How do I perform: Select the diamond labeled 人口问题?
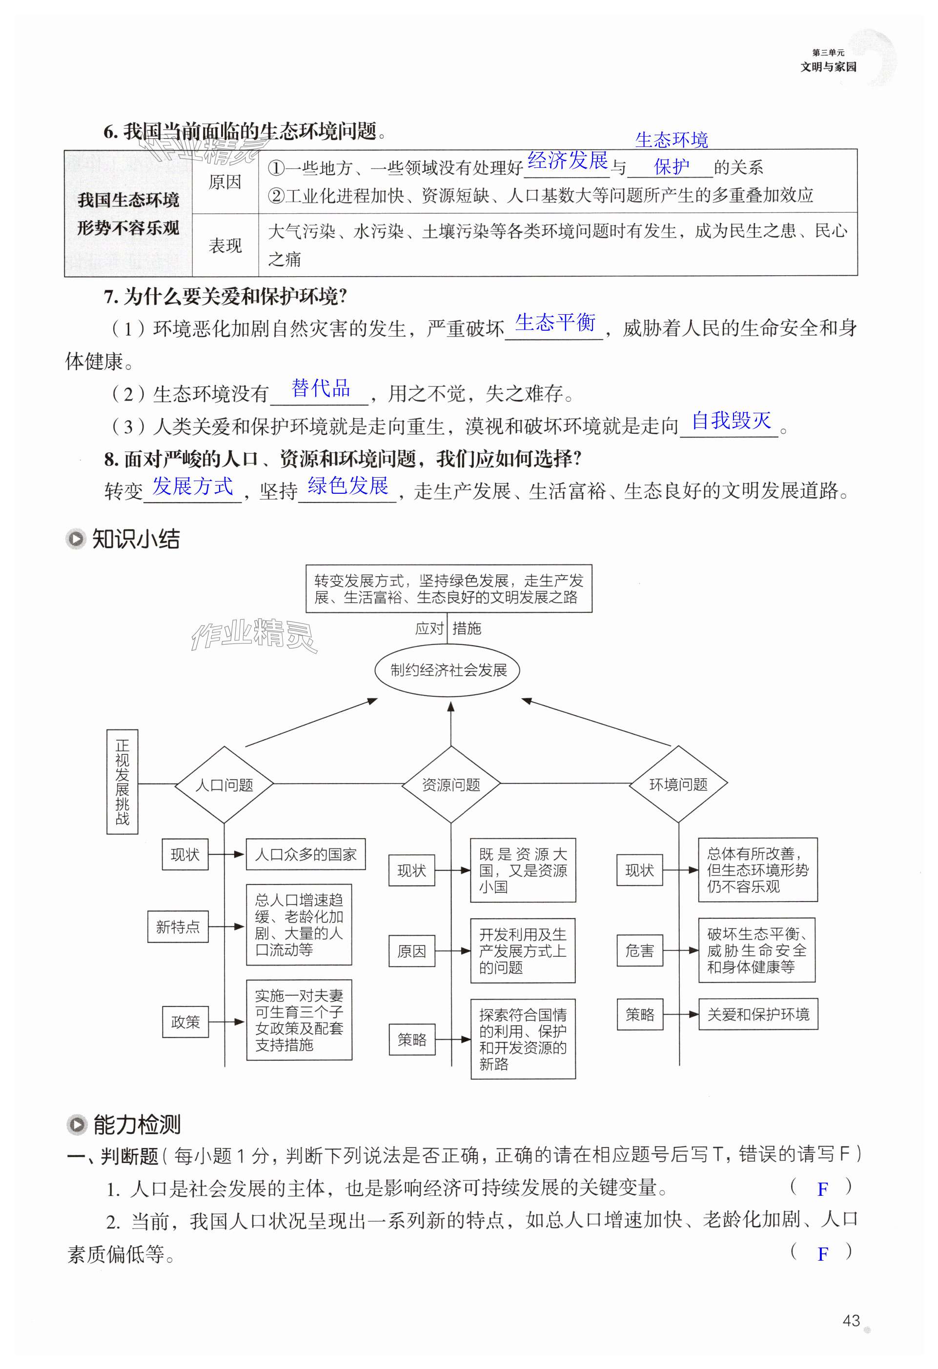224,785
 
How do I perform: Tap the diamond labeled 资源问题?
451,785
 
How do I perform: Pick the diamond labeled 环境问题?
678,784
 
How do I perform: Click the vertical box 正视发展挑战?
122,781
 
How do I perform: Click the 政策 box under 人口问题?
185,1022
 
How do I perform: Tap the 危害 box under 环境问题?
639,950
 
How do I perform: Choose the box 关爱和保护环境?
758,1014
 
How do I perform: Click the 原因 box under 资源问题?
411,951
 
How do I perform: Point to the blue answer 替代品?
321,388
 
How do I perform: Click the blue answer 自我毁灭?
731,421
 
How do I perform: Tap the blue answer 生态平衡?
555,323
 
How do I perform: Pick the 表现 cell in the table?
225,245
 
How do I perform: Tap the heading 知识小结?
136,539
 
